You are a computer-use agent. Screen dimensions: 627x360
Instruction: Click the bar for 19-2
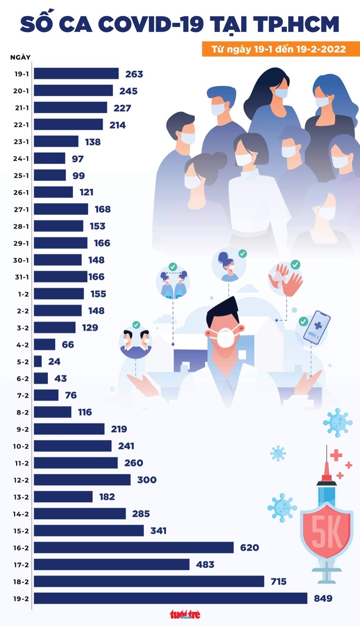tap(170, 598)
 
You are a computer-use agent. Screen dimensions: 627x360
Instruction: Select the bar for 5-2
tap(38, 362)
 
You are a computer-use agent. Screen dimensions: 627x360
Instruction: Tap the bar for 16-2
tap(134, 547)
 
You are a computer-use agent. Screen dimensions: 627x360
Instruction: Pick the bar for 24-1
tap(50, 159)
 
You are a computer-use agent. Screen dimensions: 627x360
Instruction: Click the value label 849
tap(323, 598)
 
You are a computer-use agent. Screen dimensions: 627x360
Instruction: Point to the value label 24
tap(54, 362)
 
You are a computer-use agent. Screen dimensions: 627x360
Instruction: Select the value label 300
tap(147, 480)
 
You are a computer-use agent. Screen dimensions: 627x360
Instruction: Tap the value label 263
tap(134, 74)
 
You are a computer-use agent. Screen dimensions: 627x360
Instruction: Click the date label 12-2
tap(21, 480)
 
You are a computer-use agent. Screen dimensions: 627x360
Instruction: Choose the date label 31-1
tap(21, 277)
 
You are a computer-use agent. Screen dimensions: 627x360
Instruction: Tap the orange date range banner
tap(280, 49)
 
